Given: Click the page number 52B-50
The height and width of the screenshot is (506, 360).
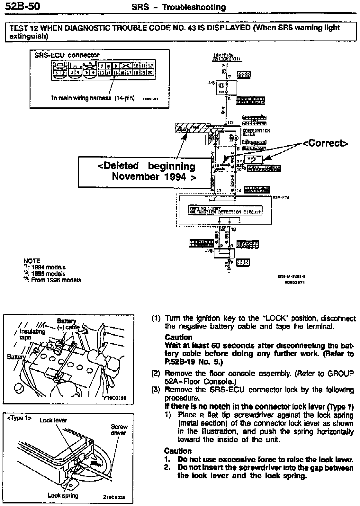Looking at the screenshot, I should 22,6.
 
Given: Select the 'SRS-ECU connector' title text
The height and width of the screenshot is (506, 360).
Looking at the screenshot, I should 67,55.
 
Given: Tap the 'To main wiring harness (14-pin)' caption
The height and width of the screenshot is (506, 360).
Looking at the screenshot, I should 93,98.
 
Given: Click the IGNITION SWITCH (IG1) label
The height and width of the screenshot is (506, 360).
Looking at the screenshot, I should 227,57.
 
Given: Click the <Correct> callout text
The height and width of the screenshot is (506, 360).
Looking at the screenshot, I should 325,143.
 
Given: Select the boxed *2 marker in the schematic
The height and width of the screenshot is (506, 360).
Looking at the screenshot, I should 253,159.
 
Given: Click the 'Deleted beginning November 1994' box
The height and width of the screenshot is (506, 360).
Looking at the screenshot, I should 146,172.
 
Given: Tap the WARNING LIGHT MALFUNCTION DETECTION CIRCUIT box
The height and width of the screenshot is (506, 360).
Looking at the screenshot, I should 225,211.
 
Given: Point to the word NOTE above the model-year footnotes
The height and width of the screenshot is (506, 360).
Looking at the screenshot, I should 32,261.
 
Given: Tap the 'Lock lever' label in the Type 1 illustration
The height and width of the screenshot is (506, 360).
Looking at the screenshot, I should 53,420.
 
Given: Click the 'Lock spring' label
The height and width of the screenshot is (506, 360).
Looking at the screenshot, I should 63,495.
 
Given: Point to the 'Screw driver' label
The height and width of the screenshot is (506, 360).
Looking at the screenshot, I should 119,430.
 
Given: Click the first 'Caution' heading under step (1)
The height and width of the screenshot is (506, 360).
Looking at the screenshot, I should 178,337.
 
